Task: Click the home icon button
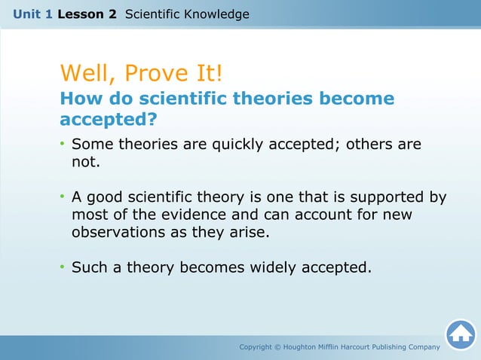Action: (x=460, y=334)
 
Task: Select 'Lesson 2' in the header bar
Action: (x=87, y=14)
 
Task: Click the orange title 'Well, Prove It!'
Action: (x=140, y=74)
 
